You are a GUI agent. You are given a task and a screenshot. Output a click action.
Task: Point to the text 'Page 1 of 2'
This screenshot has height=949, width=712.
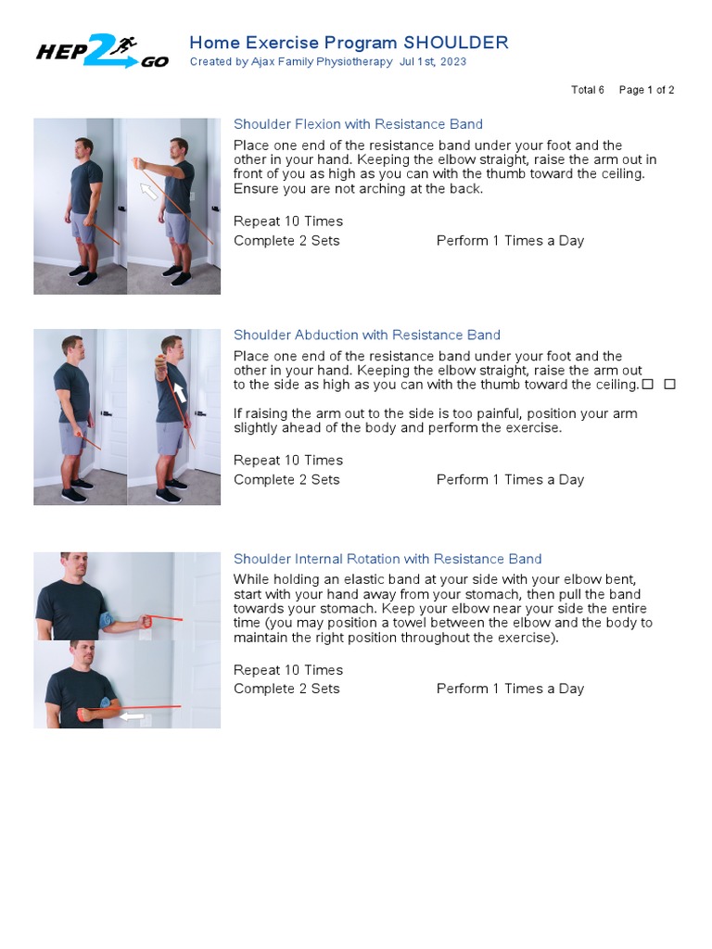click(646, 90)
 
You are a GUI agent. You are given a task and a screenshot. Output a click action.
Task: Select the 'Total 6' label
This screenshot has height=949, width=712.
click(587, 90)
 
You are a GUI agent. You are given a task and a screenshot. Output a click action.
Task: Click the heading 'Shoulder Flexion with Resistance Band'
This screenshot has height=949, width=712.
click(358, 124)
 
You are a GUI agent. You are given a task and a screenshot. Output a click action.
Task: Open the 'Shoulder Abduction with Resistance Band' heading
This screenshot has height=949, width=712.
click(366, 335)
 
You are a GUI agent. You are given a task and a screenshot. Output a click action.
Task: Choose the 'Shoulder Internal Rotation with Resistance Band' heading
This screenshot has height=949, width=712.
click(388, 559)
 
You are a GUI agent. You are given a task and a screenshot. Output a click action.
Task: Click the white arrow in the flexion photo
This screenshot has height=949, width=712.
click(148, 191)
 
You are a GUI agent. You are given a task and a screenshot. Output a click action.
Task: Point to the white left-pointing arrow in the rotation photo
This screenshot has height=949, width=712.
click(132, 715)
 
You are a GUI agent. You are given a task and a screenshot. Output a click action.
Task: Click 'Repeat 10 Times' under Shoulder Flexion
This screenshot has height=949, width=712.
click(288, 221)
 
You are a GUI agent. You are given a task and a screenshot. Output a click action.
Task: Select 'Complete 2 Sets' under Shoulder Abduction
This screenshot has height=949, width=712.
click(286, 479)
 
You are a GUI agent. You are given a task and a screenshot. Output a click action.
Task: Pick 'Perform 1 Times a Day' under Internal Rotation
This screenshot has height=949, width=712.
click(510, 689)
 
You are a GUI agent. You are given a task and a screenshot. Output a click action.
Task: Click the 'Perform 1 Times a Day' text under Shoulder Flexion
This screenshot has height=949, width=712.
click(510, 241)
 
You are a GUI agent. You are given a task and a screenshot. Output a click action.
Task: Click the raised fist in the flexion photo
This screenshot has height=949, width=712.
click(140, 163)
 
